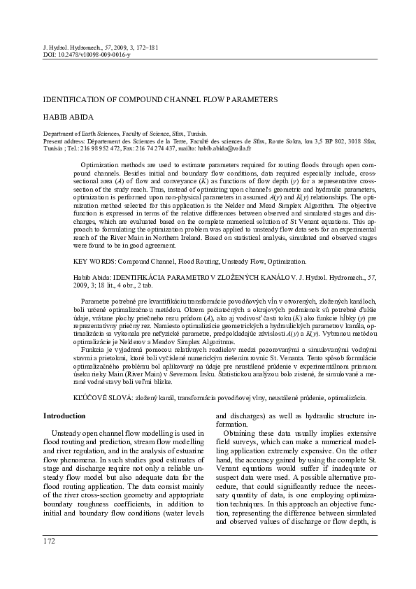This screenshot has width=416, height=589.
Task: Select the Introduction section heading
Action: [x=64, y=416]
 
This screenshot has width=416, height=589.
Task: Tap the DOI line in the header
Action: [x=87, y=54]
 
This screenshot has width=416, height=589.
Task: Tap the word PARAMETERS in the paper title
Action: [x=249, y=100]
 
